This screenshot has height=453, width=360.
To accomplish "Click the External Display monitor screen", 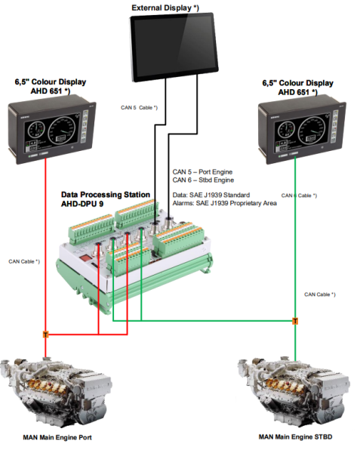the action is pyautogui.click(x=174, y=47).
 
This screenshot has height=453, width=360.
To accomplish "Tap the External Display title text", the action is pyautogui.click(x=165, y=8).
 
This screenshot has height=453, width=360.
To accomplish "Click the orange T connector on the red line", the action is pyautogui.click(x=45, y=334).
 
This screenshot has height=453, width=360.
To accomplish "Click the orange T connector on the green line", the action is pyautogui.click(x=295, y=321).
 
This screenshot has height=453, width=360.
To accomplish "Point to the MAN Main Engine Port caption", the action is pyautogui.click(x=57, y=437).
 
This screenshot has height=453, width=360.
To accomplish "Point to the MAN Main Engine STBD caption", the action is pyautogui.click(x=295, y=437).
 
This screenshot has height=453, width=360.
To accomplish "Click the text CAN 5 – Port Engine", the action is pyautogui.click(x=202, y=172).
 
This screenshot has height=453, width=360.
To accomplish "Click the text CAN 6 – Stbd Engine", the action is pyautogui.click(x=203, y=180).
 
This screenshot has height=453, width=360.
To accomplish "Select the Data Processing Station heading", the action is pyautogui.click(x=106, y=195).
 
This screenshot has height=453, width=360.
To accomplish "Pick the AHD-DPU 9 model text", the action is pyautogui.click(x=82, y=204).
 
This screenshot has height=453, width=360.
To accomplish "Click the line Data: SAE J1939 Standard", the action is pyautogui.click(x=211, y=195).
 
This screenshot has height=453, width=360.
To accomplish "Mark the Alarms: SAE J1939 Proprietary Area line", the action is pyautogui.click(x=225, y=203).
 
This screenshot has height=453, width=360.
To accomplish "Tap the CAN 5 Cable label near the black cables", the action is pyautogui.click(x=139, y=107).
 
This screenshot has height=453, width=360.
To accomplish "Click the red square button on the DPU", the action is pyautogui.click(x=85, y=258).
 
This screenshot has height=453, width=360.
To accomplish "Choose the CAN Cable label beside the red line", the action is pyautogui.click(x=24, y=261).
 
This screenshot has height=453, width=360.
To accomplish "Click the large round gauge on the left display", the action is pyautogui.click(x=61, y=131).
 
